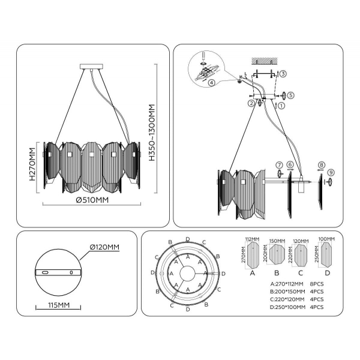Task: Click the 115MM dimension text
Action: click(58, 305)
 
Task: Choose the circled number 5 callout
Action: click(290, 95)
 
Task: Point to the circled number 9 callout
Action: click(331, 173)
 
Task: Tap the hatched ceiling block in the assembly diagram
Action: click(264, 61)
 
